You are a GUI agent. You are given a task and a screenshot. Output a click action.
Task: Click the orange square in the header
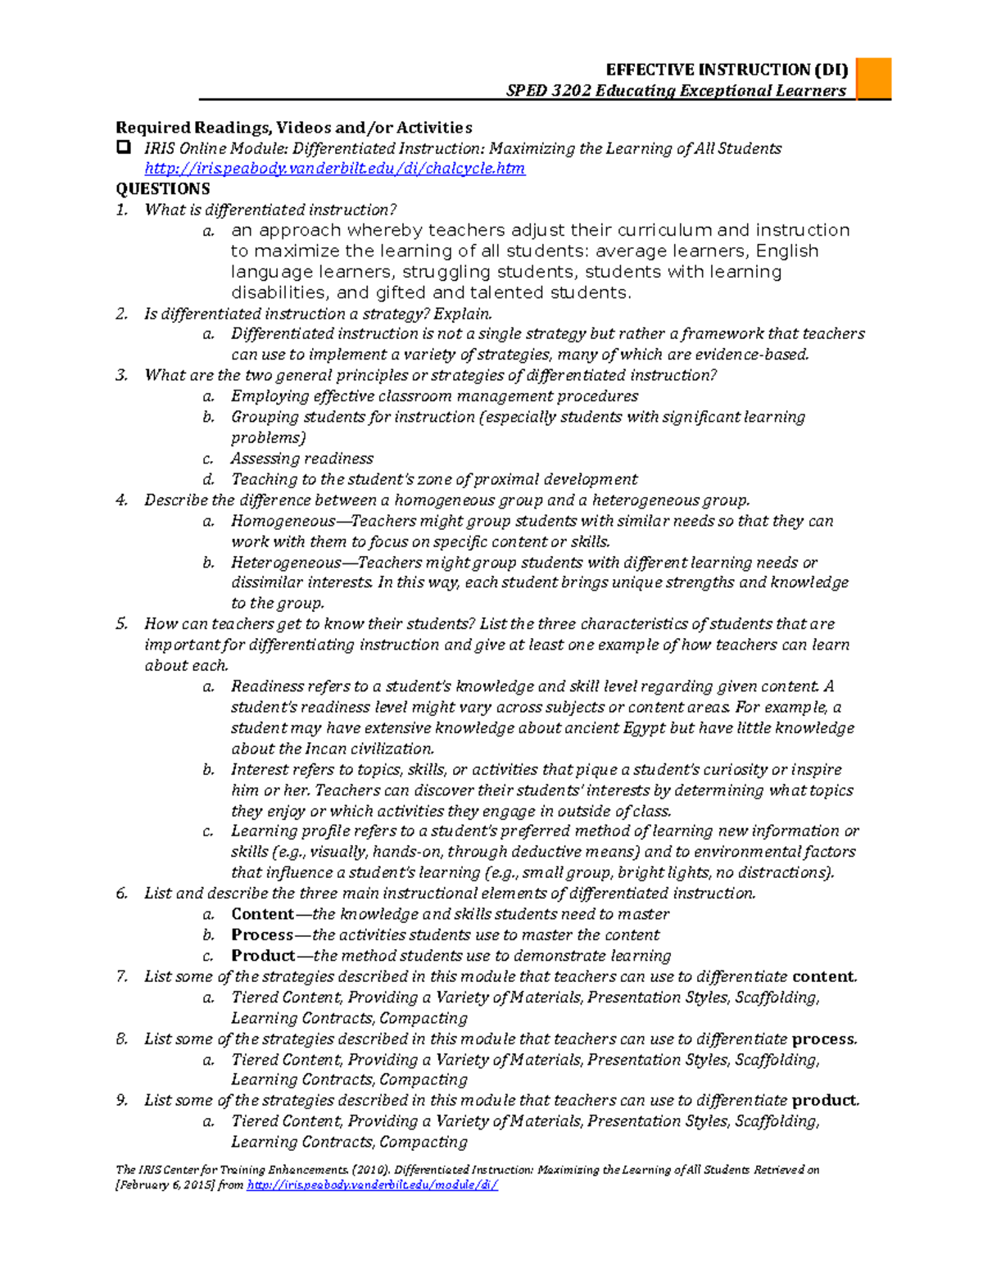tap(873, 79)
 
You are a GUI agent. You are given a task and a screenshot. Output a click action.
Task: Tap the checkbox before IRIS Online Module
tap(124, 148)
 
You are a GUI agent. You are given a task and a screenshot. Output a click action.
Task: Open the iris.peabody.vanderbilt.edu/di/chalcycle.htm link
tap(334, 169)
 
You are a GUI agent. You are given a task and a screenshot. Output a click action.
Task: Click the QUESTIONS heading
tap(162, 189)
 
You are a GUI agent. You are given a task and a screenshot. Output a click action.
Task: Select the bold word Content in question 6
tap(262, 914)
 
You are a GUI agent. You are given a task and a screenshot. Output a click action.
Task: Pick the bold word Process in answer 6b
tap(261, 935)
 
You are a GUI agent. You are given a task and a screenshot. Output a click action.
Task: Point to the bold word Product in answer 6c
tap(262, 956)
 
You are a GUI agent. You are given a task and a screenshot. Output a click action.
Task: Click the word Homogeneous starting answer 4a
tap(283, 521)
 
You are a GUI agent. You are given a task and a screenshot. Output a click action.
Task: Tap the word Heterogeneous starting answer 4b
tap(285, 563)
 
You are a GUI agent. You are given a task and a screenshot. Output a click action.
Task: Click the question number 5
tap(121, 624)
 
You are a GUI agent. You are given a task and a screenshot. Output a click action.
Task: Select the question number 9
tap(121, 1100)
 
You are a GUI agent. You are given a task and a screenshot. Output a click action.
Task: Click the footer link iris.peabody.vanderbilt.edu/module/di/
tap(372, 1185)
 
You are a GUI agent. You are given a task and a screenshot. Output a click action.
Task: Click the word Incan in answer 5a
tap(327, 749)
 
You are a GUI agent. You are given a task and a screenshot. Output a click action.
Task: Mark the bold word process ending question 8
tap(823, 1039)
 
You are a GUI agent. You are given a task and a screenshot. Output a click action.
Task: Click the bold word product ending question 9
tap(825, 1100)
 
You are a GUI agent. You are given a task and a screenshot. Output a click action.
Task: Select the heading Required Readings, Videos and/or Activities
tap(293, 128)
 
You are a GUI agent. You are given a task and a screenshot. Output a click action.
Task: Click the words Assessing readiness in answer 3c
tap(301, 459)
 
